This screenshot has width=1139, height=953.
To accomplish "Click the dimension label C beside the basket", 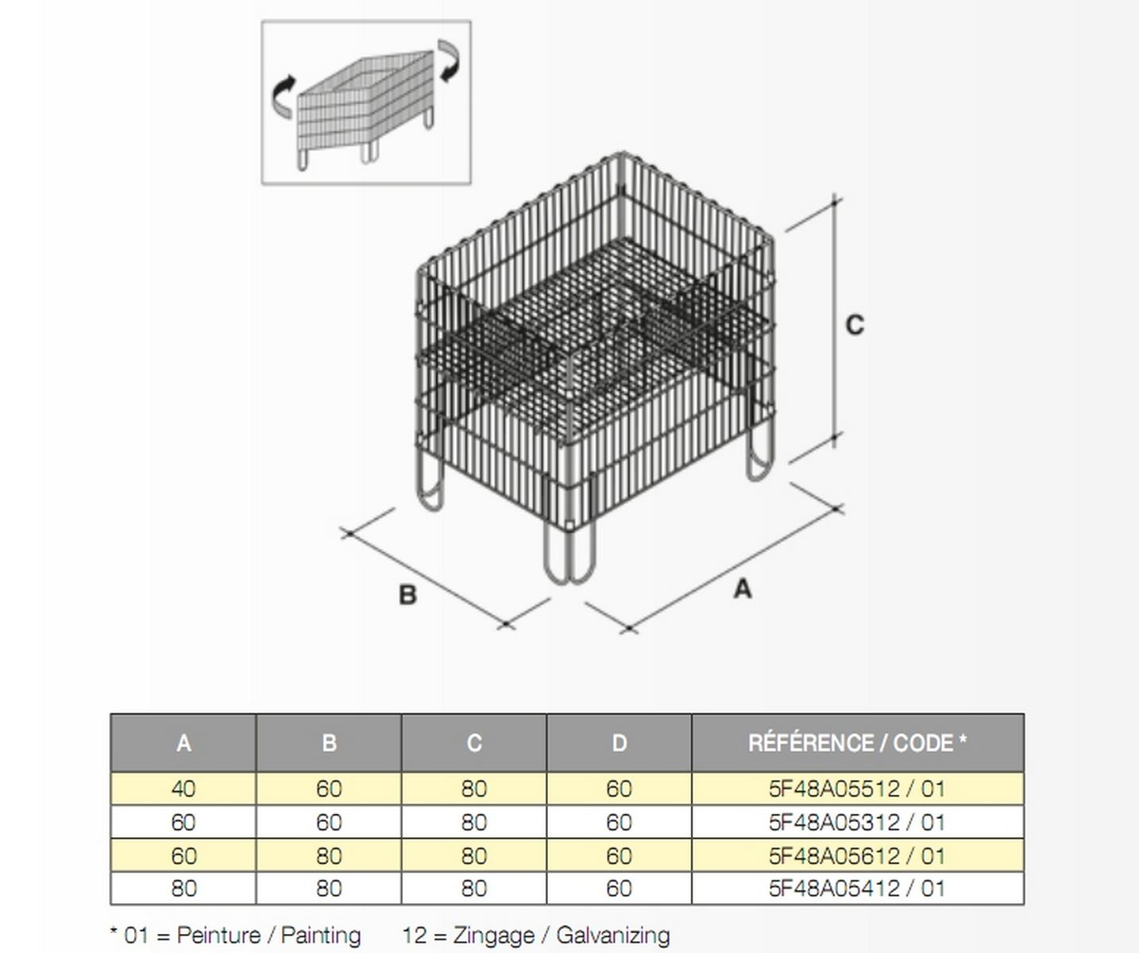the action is (x=855, y=325).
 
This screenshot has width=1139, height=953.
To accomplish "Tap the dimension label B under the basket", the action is (x=408, y=595).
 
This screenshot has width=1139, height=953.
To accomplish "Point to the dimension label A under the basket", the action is (x=743, y=589).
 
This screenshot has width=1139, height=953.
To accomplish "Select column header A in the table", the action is (x=183, y=743).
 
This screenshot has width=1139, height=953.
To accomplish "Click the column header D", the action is (x=619, y=743).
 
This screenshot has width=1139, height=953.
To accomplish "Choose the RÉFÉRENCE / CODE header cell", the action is (x=857, y=743).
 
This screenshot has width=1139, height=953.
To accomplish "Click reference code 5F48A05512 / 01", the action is (x=857, y=789).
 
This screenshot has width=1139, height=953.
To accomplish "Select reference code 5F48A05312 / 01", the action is (x=857, y=823).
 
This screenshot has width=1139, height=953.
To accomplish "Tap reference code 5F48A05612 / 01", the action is (x=857, y=856).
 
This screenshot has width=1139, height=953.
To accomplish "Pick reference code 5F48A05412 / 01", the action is (x=857, y=889).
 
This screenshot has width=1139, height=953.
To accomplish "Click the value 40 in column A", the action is (x=183, y=789).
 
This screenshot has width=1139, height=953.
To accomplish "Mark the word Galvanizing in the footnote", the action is (x=612, y=936).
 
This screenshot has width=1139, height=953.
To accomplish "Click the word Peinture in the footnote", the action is (x=218, y=935).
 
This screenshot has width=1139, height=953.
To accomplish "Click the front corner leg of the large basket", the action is (x=569, y=554).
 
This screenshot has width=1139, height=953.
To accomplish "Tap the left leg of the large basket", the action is (x=431, y=485).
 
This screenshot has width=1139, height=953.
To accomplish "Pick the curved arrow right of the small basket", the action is (x=449, y=61).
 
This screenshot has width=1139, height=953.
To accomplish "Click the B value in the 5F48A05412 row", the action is (x=329, y=889).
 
